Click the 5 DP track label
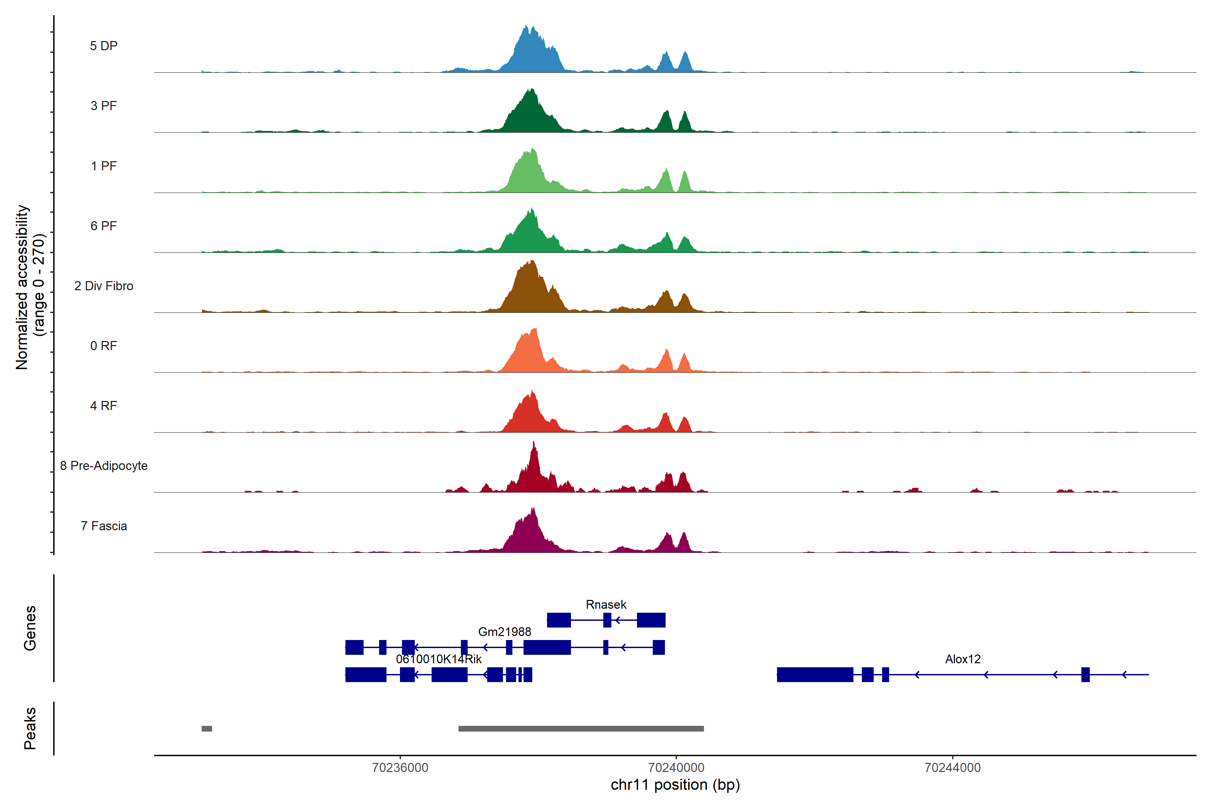tap(104, 46)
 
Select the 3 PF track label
tap(104, 106)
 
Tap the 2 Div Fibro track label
tap(104, 286)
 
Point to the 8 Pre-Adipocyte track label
tap(104, 466)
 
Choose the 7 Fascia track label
tap(104, 526)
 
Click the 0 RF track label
tap(104, 346)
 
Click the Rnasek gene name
tap(606, 604)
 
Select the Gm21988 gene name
tap(504, 632)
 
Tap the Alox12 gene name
tap(963, 659)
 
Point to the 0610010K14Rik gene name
tap(439, 659)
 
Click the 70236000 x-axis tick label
tap(400, 768)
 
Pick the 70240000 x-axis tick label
tap(676, 768)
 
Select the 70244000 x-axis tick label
tap(952, 768)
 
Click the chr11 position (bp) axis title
tap(675, 785)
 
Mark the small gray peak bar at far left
tap(207, 729)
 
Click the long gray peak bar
tap(581, 729)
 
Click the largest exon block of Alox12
tap(815, 675)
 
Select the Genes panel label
tap(30, 628)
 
